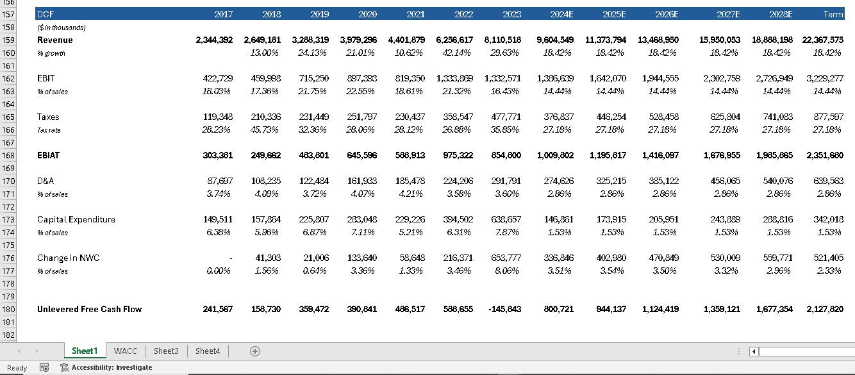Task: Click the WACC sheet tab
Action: (125, 351)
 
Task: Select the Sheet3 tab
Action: (166, 351)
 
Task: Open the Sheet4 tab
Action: (208, 351)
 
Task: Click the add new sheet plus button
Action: (255, 351)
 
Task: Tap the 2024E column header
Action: (561, 14)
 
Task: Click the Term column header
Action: (833, 14)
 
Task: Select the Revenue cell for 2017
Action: (214, 40)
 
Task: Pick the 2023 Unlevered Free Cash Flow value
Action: (504, 309)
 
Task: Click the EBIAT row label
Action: (49, 155)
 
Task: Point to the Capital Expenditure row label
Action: (76, 220)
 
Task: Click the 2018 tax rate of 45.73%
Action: (264, 130)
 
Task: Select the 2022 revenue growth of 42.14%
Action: (456, 53)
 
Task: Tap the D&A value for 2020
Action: (362, 181)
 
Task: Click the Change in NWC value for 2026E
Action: (664, 258)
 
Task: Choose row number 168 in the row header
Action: (8, 155)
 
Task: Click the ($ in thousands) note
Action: (61, 28)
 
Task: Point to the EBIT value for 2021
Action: (410, 78)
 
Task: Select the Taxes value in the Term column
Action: (828, 117)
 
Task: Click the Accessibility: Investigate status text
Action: (112, 367)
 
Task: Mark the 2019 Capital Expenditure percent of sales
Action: (315, 232)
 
